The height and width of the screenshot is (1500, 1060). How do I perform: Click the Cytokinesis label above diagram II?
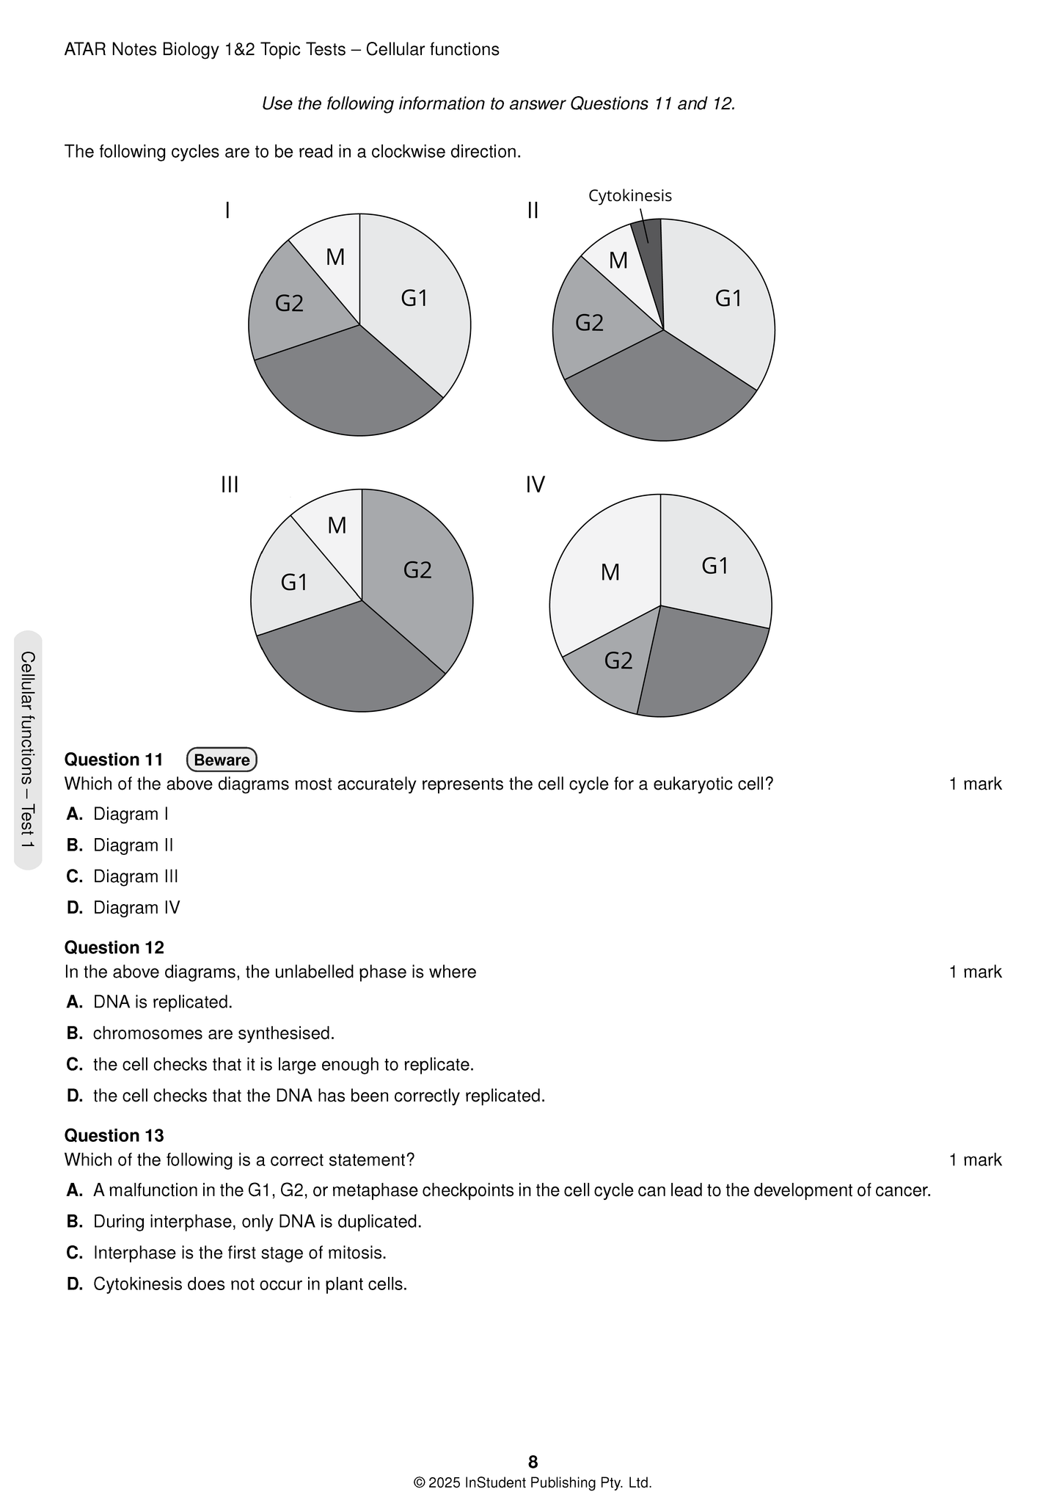click(629, 196)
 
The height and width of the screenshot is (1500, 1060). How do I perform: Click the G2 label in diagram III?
click(417, 569)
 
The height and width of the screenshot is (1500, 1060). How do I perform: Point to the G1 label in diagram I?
click(414, 298)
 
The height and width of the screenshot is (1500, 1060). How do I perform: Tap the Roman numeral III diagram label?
click(230, 485)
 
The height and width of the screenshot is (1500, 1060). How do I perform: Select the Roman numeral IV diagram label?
click(536, 485)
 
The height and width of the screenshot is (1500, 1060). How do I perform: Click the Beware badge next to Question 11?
click(222, 760)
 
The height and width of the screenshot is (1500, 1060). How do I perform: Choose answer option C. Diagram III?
click(135, 876)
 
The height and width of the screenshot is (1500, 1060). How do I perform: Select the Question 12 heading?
click(114, 947)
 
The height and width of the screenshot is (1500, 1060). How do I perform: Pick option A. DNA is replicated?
click(162, 1002)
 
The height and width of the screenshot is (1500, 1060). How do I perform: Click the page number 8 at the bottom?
click(533, 1461)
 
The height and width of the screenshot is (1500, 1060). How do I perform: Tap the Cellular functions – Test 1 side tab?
click(28, 750)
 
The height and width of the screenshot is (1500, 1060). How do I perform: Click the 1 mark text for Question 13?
click(975, 1159)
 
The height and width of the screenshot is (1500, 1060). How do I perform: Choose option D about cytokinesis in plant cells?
click(249, 1284)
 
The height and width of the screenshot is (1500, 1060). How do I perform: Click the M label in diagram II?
click(618, 261)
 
